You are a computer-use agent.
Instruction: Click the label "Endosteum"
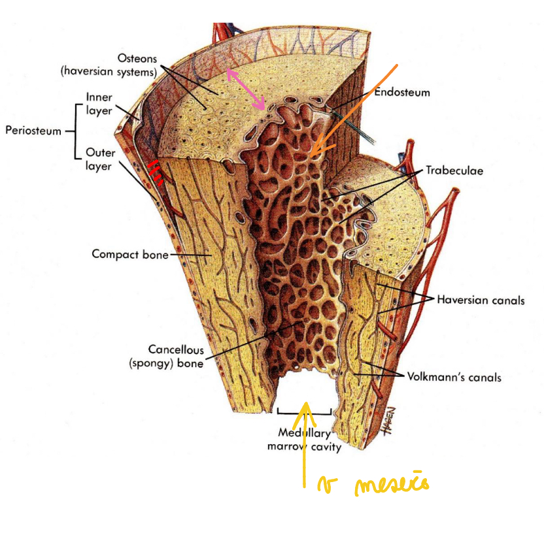coord(401,92)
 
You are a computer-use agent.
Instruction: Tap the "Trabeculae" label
coord(454,170)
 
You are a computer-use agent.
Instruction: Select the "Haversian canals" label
coord(481,300)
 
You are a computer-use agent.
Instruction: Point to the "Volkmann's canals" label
coord(454,377)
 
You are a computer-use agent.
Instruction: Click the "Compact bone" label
coord(131,254)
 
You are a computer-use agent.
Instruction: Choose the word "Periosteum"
coord(33,130)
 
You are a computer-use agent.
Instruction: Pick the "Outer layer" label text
coord(100,159)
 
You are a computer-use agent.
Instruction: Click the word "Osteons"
coord(137,59)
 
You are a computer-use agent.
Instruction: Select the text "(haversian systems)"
coord(109,72)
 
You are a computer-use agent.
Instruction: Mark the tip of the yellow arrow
coord(305,402)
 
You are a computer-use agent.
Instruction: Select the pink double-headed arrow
coord(246,89)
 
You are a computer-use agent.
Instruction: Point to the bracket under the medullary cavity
coord(304,412)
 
